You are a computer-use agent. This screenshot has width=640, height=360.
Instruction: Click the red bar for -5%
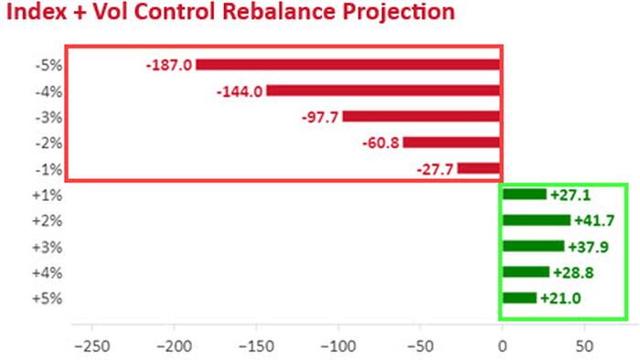(x=347, y=65)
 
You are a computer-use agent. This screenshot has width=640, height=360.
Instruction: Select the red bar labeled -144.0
(x=383, y=90)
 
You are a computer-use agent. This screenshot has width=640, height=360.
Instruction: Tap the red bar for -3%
(x=421, y=116)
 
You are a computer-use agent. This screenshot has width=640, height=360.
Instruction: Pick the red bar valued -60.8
(x=452, y=143)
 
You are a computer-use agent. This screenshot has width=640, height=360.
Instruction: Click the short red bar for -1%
(x=479, y=168)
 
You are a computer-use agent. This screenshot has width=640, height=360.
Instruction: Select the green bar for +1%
(x=525, y=195)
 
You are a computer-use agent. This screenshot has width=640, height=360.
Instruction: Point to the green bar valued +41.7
(x=537, y=220)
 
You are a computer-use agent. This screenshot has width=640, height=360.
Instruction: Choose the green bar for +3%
(x=533, y=247)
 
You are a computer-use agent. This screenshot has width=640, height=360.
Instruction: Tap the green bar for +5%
(x=519, y=298)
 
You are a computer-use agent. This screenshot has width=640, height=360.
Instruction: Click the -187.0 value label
(x=169, y=65)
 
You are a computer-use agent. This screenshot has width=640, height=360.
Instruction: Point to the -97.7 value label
(x=320, y=118)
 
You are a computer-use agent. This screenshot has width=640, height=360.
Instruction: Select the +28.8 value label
(x=573, y=272)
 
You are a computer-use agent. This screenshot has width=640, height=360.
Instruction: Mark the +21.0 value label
(x=560, y=299)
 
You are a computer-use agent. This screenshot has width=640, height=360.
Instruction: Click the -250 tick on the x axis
(x=92, y=346)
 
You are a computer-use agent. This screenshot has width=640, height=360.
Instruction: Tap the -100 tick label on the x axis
(x=338, y=346)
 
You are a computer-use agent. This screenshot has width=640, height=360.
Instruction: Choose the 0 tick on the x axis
(x=502, y=346)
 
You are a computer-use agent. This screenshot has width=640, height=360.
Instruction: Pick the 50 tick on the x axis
(x=584, y=346)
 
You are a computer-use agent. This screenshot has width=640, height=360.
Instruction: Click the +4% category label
(x=48, y=273)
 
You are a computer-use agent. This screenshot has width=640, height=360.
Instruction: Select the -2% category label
(x=48, y=143)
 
